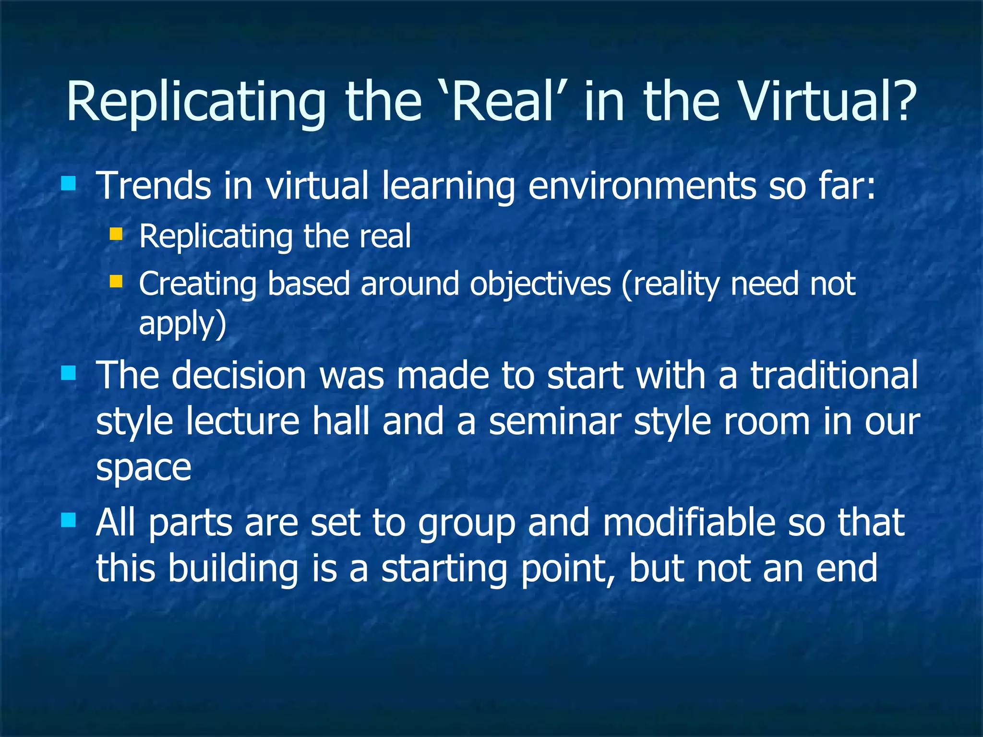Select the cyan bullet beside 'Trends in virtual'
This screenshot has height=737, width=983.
pyautogui.click(x=69, y=184)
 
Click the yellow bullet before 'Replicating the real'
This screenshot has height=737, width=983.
pyautogui.click(x=116, y=234)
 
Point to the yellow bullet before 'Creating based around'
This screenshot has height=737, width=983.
pyautogui.click(x=116, y=281)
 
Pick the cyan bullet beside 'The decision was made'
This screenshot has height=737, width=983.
pyautogui.click(x=69, y=373)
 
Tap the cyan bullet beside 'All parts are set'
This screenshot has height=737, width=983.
pyautogui.click(x=69, y=520)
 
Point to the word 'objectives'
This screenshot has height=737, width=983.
pyautogui.click(x=540, y=284)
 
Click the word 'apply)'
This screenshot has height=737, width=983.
pyautogui.click(x=182, y=324)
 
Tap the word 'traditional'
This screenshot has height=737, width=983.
pyautogui.click(x=834, y=375)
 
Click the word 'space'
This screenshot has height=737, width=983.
pyautogui.click(x=144, y=468)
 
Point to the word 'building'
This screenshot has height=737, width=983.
pyautogui.click(x=233, y=568)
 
